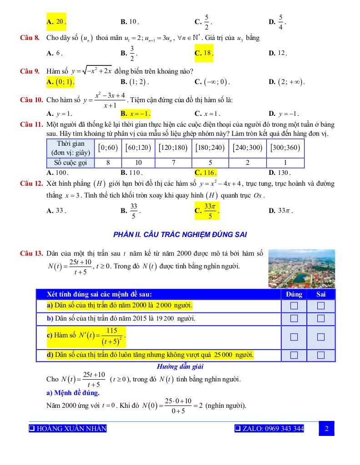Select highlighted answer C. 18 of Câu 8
coord(204,53)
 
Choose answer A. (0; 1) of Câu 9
coord(60,82)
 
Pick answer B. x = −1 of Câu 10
coord(135,114)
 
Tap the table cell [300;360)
coord(285,148)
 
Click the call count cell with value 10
coord(139,163)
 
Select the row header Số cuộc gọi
coord(70,163)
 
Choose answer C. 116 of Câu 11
coord(205,173)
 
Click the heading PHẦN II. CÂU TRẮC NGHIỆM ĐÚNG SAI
coord(180,234)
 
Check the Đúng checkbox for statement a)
coord(294,306)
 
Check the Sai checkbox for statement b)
coord(321,318)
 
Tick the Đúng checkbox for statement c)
coord(294,337)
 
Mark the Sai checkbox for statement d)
coord(321,355)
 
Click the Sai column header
coord(321,294)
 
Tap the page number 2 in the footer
coord(326,429)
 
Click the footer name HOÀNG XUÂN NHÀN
coord(68,429)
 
